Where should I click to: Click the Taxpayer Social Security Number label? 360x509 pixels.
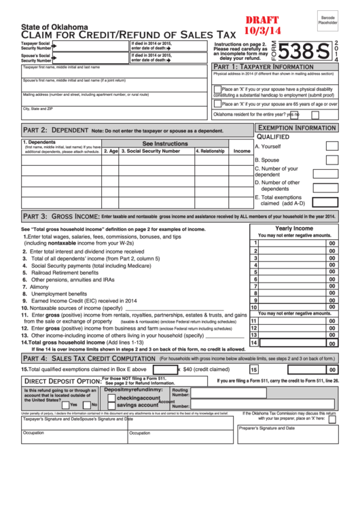[x=36, y=46]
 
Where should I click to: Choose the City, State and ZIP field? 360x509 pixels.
[x=115, y=112]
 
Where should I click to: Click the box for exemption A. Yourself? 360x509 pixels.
[x=331, y=146]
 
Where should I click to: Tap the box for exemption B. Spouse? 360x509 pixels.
[x=331, y=160]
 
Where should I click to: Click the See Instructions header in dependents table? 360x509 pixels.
[x=164, y=143]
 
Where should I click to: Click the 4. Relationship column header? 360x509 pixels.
[x=211, y=151]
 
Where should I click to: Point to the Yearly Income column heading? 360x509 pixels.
[x=293, y=228]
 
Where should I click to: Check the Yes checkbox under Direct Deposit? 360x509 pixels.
[x=65, y=404]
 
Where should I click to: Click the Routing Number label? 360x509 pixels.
[x=180, y=393]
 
